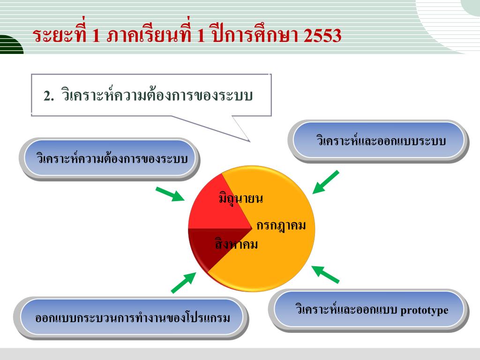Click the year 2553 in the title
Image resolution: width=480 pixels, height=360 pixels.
point(322,36)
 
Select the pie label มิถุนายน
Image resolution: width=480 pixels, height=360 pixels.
point(240,199)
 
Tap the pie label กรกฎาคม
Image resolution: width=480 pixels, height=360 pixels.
point(281,226)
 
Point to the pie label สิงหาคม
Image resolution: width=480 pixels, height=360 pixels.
point(237,244)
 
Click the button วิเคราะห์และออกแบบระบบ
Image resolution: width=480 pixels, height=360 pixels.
point(380,140)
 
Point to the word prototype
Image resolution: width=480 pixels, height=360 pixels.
point(425,310)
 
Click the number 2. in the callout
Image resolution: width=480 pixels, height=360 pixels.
point(49,96)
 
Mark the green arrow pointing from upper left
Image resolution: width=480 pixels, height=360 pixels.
point(170,194)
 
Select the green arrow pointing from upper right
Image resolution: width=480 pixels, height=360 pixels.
point(325,182)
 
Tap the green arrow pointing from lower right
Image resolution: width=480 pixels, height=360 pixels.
point(325,274)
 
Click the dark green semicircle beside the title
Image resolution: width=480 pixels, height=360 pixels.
point(10,46)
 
